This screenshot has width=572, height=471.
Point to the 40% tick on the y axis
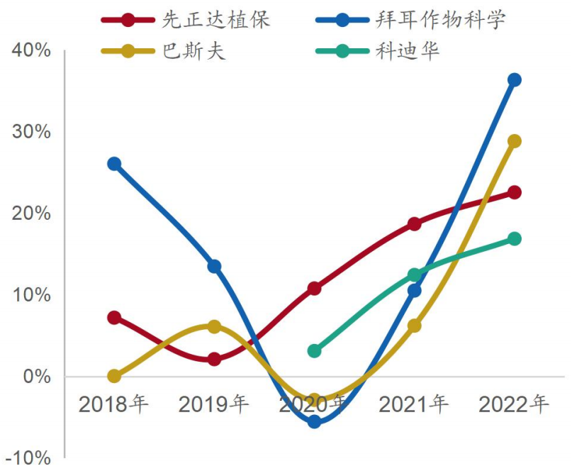point(30,51)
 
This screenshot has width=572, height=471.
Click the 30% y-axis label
point(30,132)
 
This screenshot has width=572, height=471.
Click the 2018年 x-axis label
point(113,405)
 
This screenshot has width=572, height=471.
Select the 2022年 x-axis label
point(514,405)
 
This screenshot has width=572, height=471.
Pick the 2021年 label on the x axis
point(414,405)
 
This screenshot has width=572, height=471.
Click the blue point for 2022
point(514,79)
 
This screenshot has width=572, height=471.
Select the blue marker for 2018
point(113,164)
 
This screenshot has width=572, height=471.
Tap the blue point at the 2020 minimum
point(314,421)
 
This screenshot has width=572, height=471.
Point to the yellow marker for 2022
point(514,141)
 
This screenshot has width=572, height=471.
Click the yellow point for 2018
point(113,376)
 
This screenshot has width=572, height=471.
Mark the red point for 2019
point(214,359)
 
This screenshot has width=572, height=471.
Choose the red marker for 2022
point(514,192)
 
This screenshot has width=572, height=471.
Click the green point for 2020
point(314,350)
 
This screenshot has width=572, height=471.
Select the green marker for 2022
point(514,238)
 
